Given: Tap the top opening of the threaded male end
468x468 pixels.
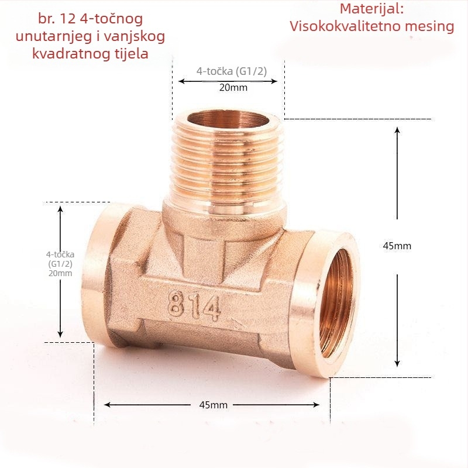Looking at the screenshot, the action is pyautogui.click(x=228, y=120).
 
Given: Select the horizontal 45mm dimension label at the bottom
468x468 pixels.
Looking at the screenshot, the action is pyautogui.click(x=213, y=405).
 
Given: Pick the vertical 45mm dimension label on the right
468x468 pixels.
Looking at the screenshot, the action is pyautogui.click(x=397, y=246).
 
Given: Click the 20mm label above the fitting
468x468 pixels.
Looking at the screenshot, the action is pyautogui.click(x=233, y=87).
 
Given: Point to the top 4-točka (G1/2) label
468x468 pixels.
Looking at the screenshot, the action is pyautogui.click(x=231, y=71).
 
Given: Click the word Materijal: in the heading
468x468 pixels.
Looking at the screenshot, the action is pyautogui.click(x=371, y=9).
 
